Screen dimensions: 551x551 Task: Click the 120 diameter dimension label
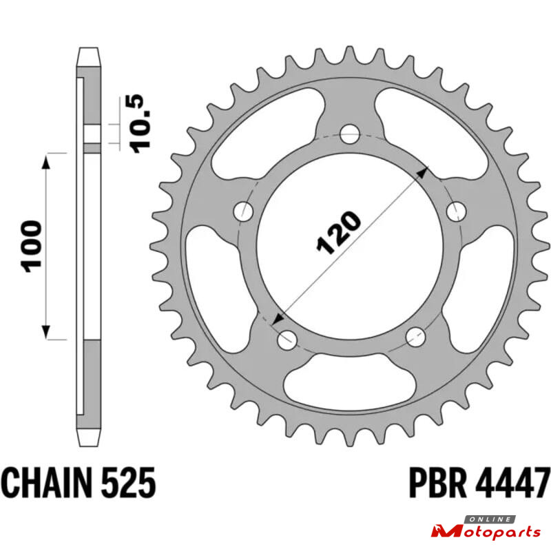click(x=338, y=232)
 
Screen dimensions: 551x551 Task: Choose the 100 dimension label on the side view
click(x=31, y=247)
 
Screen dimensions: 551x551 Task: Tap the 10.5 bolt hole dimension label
click(x=141, y=123)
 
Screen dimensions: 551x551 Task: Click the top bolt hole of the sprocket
click(x=350, y=134)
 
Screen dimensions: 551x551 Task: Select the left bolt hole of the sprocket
click(x=243, y=211)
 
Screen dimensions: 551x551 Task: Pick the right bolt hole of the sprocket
click(x=457, y=211)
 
